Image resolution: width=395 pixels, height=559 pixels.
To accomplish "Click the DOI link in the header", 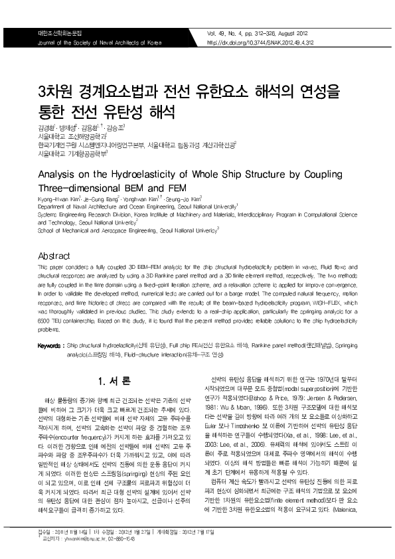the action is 261,42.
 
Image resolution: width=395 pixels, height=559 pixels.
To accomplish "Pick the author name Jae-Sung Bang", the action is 100,199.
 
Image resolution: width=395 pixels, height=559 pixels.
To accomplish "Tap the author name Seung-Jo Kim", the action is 183,199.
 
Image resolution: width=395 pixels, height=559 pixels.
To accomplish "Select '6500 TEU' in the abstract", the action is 50,321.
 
